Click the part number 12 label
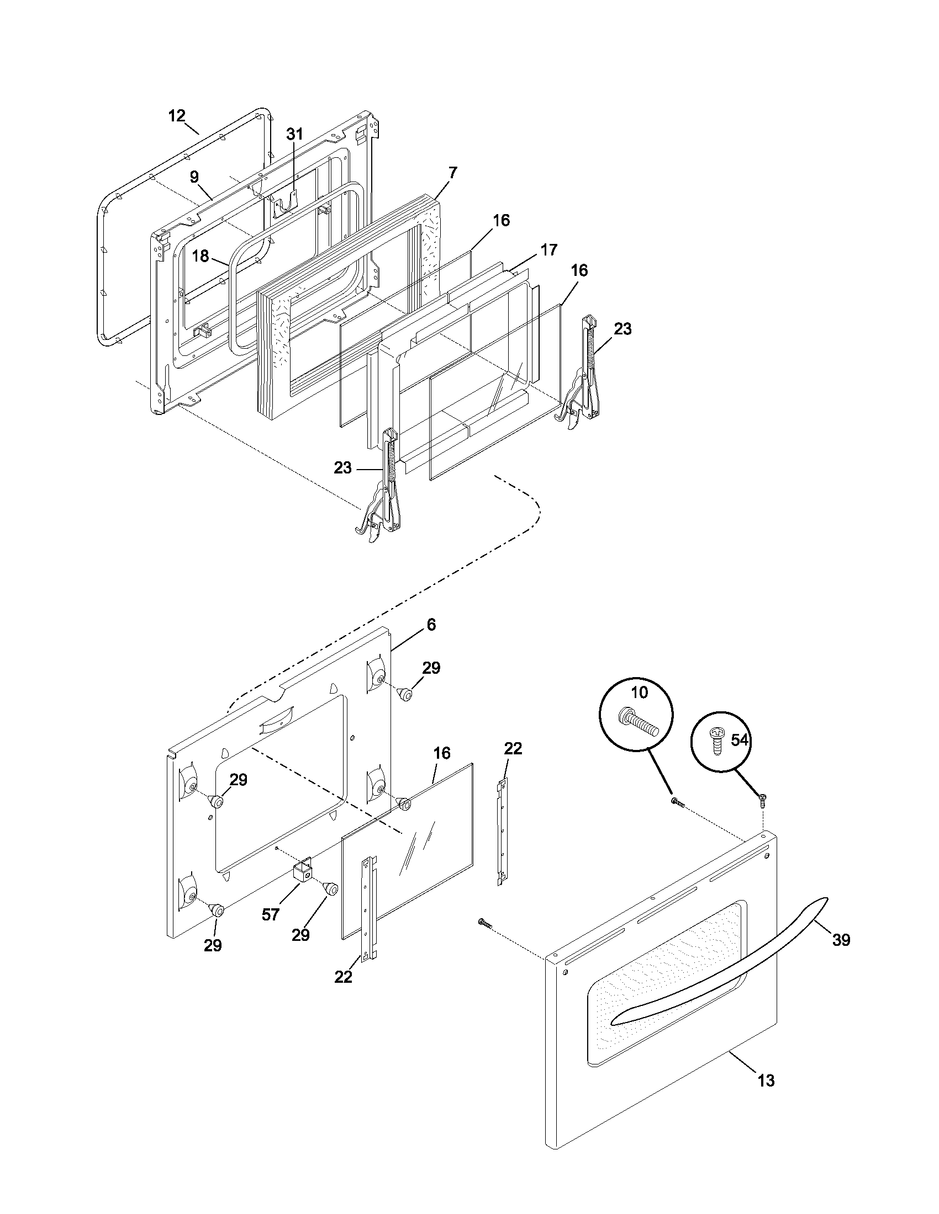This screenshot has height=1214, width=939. click(x=176, y=116)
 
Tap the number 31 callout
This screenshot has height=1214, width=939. click(x=295, y=134)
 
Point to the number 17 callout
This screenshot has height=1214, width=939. click(x=548, y=250)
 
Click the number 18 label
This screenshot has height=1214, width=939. click(x=201, y=256)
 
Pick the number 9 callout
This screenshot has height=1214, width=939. click(x=194, y=177)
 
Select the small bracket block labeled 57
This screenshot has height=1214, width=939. click(x=303, y=875)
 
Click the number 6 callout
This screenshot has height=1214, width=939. click(x=431, y=625)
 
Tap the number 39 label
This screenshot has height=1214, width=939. click(x=841, y=940)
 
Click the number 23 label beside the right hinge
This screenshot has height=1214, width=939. click(x=623, y=329)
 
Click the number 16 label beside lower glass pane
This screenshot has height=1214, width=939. click(x=442, y=754)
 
